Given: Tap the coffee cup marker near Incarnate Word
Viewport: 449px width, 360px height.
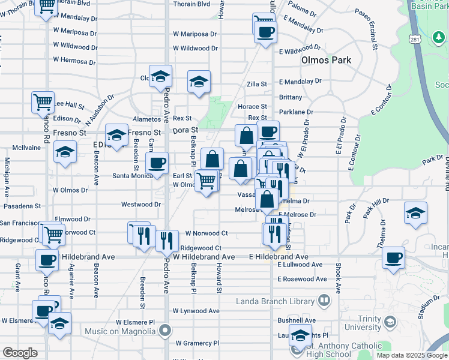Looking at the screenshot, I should pos(394,259).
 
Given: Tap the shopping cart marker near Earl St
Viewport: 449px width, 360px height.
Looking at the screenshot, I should pos(206,181).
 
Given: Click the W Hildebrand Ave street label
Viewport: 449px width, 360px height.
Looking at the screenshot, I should pos(203,257).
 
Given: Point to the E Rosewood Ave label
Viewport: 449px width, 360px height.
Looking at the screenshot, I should pos(303,279).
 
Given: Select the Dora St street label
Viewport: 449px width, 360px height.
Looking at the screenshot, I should pos(185,130).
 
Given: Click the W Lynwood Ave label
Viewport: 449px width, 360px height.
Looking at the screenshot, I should pos(196,311).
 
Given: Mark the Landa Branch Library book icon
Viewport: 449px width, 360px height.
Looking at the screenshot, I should pos(324,299).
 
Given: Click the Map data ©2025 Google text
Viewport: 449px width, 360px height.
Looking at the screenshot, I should pos(411,355).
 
